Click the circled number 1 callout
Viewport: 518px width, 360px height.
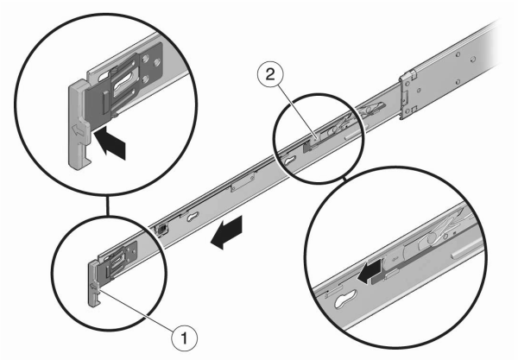(185, 338)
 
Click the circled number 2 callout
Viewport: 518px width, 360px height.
(270, 73)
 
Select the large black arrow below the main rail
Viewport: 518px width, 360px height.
(227, 231)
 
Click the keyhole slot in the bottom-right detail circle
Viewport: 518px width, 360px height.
(345, 298)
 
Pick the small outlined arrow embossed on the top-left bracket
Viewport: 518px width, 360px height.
(77, 130)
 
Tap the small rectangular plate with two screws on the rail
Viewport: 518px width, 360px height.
(243, 182)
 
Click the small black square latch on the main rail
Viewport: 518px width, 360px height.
(162, 229)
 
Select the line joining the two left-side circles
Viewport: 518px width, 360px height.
(106, 205)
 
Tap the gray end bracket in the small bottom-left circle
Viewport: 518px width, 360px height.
(94, 283)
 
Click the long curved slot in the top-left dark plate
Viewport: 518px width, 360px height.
(124, 85)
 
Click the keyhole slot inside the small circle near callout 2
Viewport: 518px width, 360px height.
(290, 161)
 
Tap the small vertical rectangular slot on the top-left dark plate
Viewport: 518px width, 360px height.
(105, 101)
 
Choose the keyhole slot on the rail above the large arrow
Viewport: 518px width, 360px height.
(193, 217)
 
